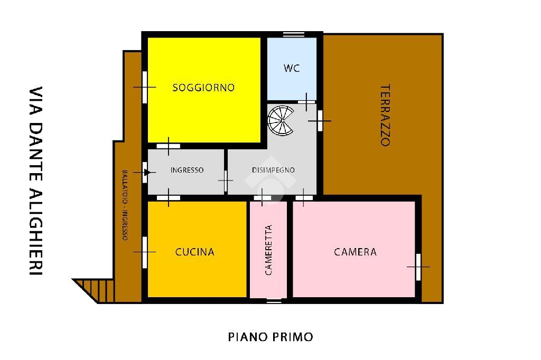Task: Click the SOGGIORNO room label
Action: pyautogui.click(x=203, y=88)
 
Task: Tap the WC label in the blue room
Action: pyautogui.click(x=292, y=68)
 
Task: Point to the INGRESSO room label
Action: pyautogui.click(x=187, y=170)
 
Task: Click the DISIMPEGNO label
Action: pyautogui.click(x=273, y=170)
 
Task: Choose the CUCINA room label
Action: pyautogui.click(x=195, y=252)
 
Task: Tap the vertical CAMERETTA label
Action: pyautogui.click(x=268, y=250)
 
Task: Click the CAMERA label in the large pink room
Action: pyautogui.click(x=356, y=252)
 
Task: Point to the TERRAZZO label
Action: pyautogui.click(x=385, y=115)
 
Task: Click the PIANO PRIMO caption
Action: pyautogui.click(x=270, y=337)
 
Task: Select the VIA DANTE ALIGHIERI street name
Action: pyautogui.click(x=35, y=181)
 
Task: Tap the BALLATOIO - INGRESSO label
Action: pyautogui.click(x=125, y=205)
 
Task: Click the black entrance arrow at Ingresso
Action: pyautogui.click(x=147, y=172)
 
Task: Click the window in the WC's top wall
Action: pyautogui.click(x=294, y=34)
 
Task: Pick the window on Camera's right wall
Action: pyautogui.click(x=418, y=267)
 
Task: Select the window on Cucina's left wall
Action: pyautogui.click(x=145, y=252)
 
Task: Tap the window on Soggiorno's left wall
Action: pyautogui.click(x=145, y=87)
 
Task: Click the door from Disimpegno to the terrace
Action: pyautogui.click(x=320, y=121)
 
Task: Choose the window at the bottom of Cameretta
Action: pyautogui.click(x=274, y=301)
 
